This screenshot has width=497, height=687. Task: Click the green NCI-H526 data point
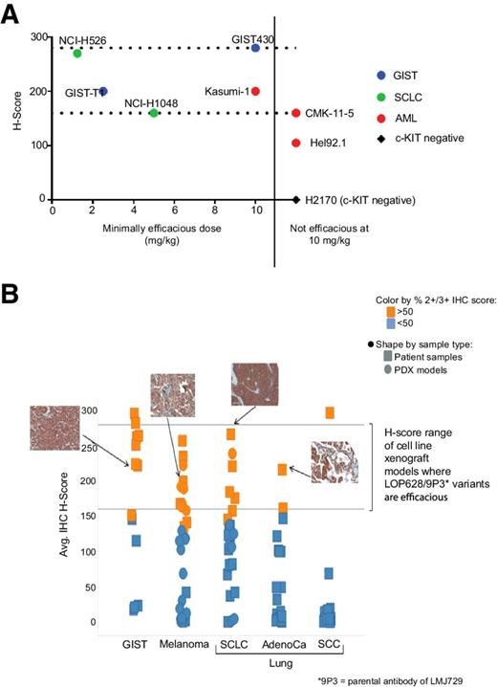pyautogui.click(x=77, y=53)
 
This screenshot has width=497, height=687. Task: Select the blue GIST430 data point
pyautogui.click(x=255, y=48)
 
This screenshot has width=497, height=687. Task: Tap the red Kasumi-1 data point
pyautogui.click(x=255, y=91)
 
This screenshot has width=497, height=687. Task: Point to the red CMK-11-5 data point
pyautogui.click(x=296, y=113)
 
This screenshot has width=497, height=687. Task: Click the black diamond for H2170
pyautogui.click(x=296, y=200)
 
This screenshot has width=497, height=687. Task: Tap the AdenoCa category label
pyautogui.click(x=281, y=644)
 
